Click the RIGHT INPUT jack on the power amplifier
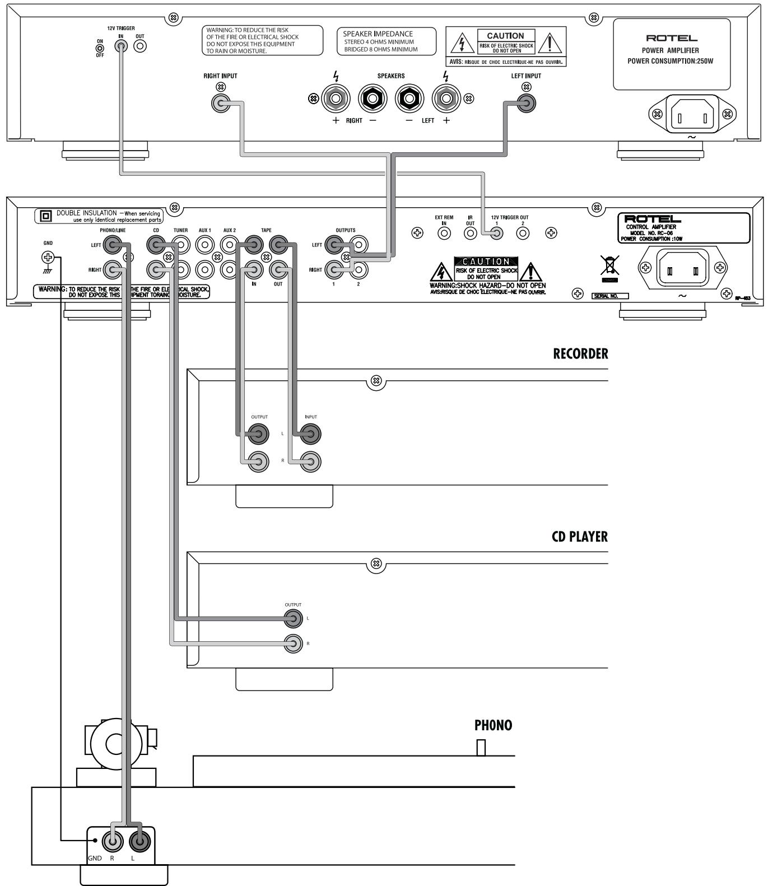tap(220, 103)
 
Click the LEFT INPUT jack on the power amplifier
tap(525, 103)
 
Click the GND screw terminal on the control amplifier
tap(48, 258)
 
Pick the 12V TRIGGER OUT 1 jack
tap(496, 234)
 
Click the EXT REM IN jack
tap(444, 234)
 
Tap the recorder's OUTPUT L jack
tap(259, 433)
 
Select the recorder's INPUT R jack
tap(310, 461)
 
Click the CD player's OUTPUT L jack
tap(293, 619)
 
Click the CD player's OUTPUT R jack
tap(293, 644)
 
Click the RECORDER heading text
tap(580, 354)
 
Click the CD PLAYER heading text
tap(579, 537)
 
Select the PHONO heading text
tap(493, 725)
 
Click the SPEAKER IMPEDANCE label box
tap(387, 41)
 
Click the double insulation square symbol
tap(45, 215)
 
